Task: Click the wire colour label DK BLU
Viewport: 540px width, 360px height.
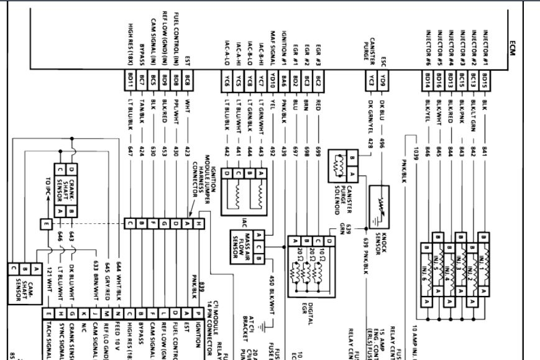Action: (x=383, y=106)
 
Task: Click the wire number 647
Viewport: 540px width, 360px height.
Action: (x=131, y=150)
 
